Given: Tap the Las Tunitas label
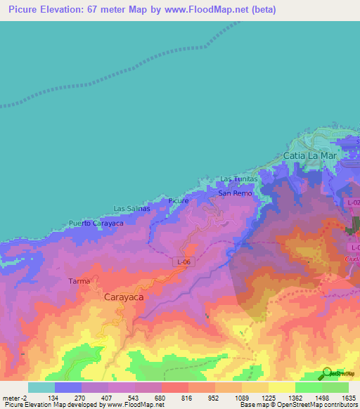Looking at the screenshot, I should click(240, 179).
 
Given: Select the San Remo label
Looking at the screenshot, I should click(234, 193).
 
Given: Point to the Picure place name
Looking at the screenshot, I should click(179, 201).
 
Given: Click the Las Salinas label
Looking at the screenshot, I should click(132, 209).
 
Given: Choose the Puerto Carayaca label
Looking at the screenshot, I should click(96, 223).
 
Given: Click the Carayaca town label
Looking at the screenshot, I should click(124, 297).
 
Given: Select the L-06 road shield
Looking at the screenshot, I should click(184, 262).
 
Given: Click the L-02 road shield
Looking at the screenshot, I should click(354, 202).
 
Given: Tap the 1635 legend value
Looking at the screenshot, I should click(349, 398).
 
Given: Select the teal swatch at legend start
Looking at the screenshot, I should click(41, 387).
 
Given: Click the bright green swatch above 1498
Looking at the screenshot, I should click(309, 387).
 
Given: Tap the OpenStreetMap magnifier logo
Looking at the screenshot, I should click(325, 375).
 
